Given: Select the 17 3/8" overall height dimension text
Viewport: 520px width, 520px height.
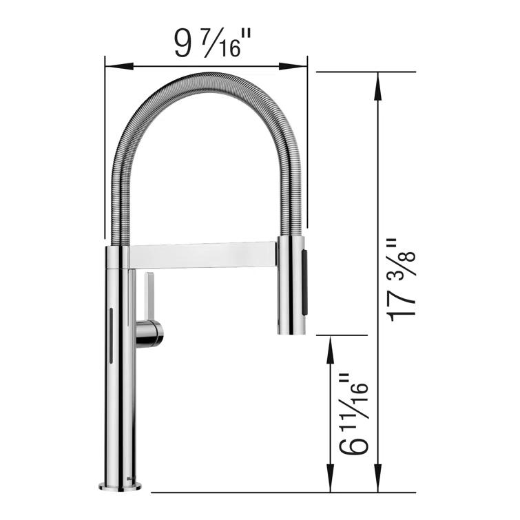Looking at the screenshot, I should (x=400, y=280).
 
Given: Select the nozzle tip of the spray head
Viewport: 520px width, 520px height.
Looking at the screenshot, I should (x=290, y=329).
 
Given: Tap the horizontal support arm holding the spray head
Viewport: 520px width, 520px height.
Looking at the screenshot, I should (x=203, y=254).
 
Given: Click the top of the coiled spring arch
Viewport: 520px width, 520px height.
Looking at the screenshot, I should (x=207, y=76).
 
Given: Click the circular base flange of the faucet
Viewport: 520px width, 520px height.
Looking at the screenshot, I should (x=120, y=486).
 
